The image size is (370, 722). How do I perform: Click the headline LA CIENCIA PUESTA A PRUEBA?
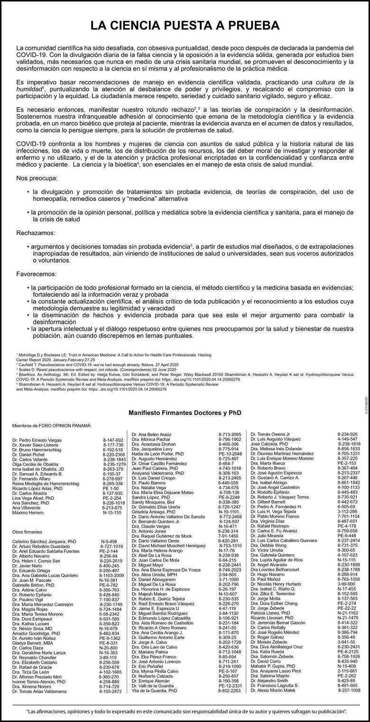[x=185, y=26]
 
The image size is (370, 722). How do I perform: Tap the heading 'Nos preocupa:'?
[x=37, y=178]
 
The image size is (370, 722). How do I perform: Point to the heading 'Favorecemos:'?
[x=37, y=274]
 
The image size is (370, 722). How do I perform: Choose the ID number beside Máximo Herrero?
[x=112, y=512]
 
